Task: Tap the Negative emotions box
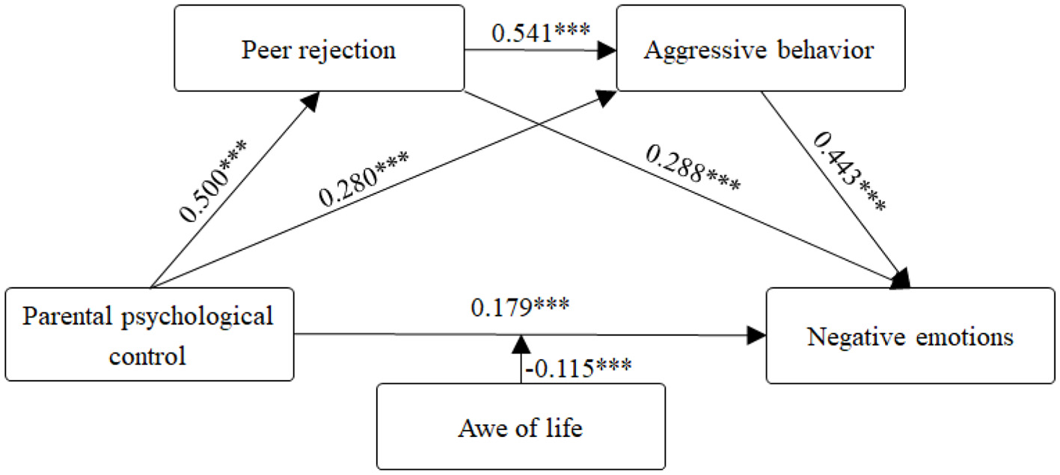coord(910,337)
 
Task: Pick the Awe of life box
coord(521,426)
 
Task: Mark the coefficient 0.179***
coord(520,306)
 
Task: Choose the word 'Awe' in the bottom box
coord(477,429)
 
